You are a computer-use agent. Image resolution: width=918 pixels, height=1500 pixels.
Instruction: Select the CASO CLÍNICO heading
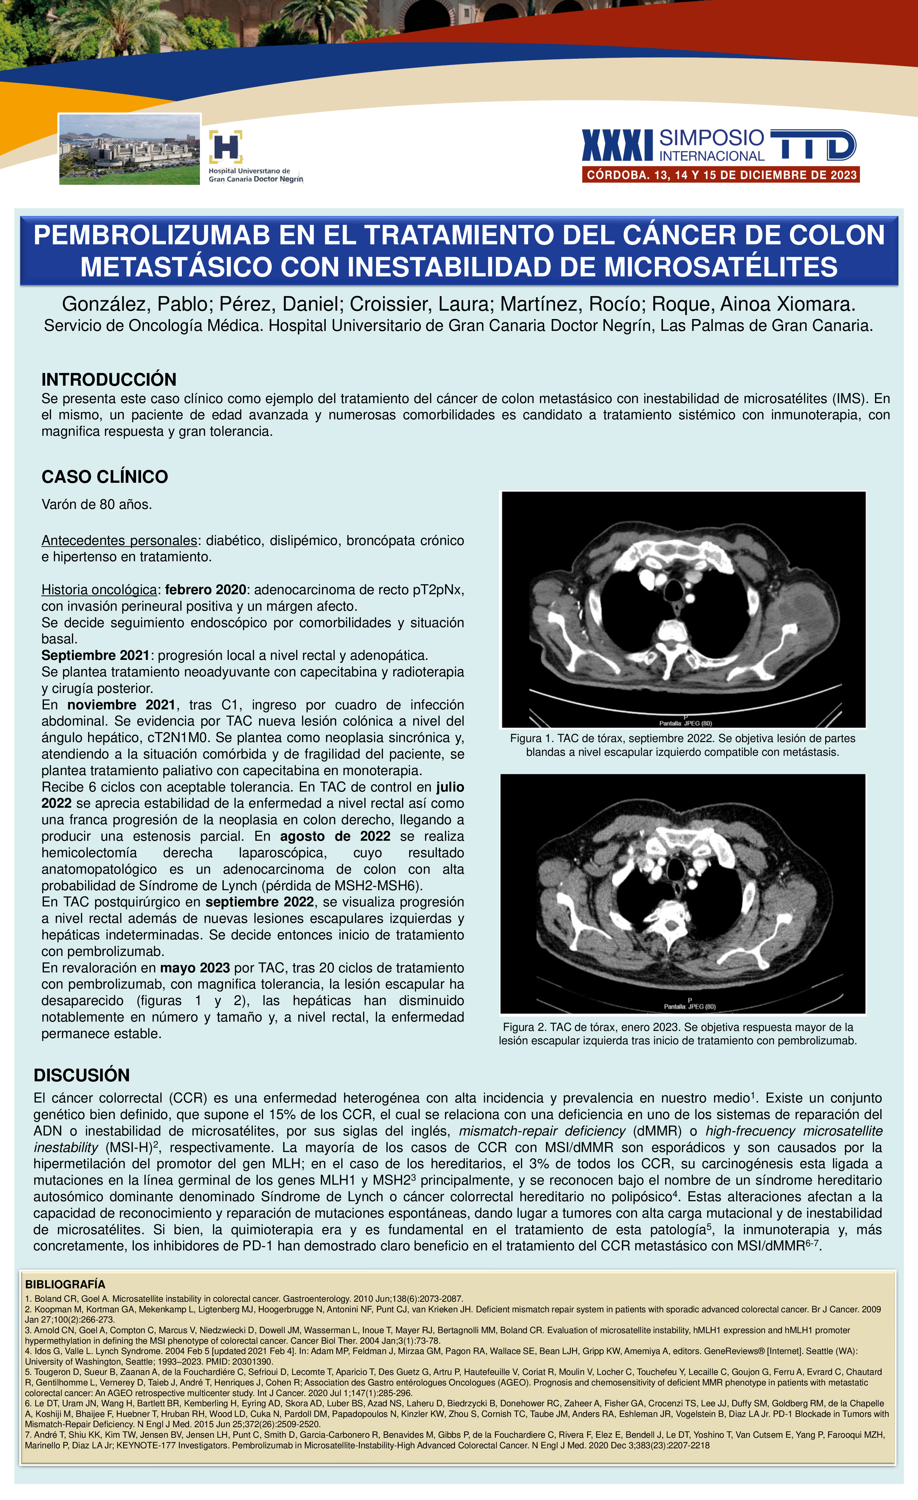click(x=104, y=477)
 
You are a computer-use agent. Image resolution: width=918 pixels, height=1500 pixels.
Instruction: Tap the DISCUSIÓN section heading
click(x=82, y=1075)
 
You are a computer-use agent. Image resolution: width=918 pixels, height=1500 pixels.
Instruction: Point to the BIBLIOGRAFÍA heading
click(x=65, y=1285)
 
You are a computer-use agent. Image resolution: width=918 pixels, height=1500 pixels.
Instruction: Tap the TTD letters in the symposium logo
click(x=813, y=145)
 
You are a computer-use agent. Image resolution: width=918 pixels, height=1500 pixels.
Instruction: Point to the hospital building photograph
click(x=129, y=149)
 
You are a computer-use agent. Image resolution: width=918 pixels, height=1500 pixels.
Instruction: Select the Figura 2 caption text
click(x=677, y=1034)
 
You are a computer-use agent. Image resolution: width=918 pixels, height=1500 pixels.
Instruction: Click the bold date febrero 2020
click(x=205, y=590)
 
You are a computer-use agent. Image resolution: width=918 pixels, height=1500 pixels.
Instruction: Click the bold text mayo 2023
click(x=195, y=968)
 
